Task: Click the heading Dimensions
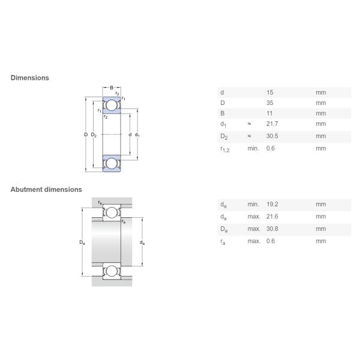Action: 29,77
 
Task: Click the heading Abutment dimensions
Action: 46,189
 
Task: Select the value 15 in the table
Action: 269,92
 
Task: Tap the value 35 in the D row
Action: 269,103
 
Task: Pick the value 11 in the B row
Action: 269,113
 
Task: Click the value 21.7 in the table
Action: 271,124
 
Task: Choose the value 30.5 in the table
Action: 271,136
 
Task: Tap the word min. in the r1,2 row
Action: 253,148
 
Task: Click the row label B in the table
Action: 222,113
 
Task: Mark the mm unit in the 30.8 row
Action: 320,229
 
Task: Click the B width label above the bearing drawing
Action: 111,88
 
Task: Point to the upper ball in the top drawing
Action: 112,106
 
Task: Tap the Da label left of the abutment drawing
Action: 82,242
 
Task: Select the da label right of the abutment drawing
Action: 142,242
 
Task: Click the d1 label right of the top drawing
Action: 137,134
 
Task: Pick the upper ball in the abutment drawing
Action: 111,212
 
